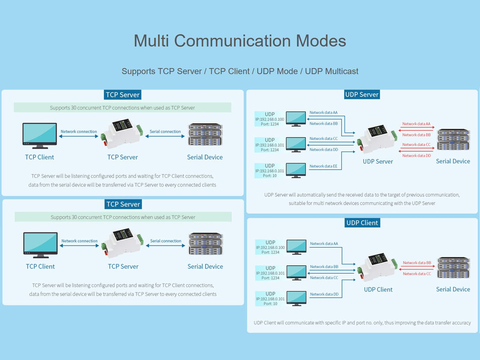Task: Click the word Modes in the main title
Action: pyautogui.click(x=321, y=41)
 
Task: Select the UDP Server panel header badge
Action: pyautogui.click(x=362, y=95)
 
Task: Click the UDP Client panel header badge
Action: pyautogui.click(x=362, y=223)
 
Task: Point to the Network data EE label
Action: pyautogui.click(x=323, y=166)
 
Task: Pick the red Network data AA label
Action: pyautogui.click(x=416, y=124)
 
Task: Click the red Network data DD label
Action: pyautogui.click(x=417, y=156)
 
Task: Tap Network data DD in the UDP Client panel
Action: pyautogui.click(x=324, y=294)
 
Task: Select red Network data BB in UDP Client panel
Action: pyautogui.click(x=417, y=263)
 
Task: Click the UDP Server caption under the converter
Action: pyautogui.click(x=378, y=162)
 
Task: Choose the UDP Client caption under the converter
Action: pyautogui.click(x=378, y=290)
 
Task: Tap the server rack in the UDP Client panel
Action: pyautogui.click(x=453, y=267)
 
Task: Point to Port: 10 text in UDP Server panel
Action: pyautogui.click(x=270, y=176)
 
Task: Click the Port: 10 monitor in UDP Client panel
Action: pyautogui.click(x=296, y=298)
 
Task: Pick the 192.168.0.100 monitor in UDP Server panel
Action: pyautogui.click(x=296, y=119)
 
